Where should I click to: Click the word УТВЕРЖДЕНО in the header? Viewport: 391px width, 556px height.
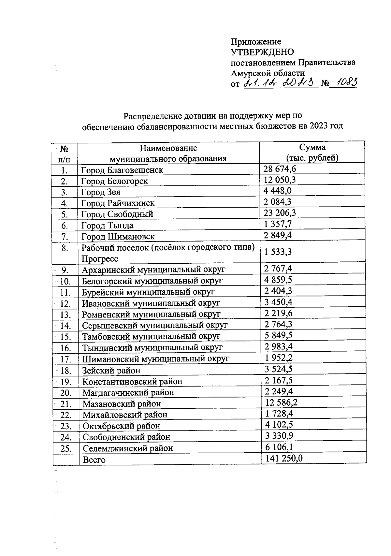(262, 52)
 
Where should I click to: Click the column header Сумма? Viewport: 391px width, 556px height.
(312, 147)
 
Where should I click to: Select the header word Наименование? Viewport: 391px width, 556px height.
(168, 148)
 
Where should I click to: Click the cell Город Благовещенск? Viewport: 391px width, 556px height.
(122, 170)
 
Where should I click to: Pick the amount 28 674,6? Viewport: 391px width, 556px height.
(280, 168)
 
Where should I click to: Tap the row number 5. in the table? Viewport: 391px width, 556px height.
(65, 214)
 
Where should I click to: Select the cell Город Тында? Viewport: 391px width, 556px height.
(107, 226)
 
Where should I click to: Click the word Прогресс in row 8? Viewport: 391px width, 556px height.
(100, 259)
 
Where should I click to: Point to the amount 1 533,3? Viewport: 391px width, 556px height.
(278, 252)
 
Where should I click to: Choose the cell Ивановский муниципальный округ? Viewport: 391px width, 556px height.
(151, 303)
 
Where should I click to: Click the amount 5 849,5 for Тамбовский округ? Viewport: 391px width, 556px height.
(278, 335)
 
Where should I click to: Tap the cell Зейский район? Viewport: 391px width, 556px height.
(111, 371)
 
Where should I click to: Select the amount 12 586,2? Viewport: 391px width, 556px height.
(281, 402)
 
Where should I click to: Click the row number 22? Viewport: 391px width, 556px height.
(66, 415)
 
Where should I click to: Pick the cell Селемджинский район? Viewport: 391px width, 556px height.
(128, 448)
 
